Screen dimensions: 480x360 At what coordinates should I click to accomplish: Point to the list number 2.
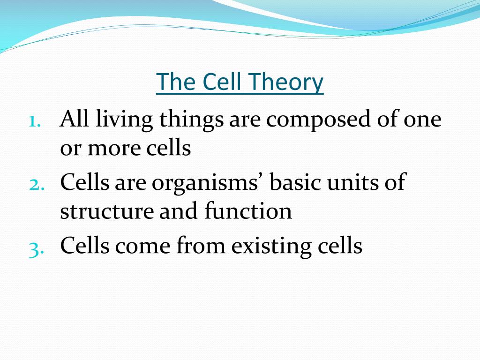click(x=37, y=185)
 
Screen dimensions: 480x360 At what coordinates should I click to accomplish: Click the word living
click(x=124, y=120)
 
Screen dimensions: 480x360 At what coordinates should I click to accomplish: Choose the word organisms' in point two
click(x=206, y=183)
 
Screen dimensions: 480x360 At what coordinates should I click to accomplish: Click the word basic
click(x=295, y=181)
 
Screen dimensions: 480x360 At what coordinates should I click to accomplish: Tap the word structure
click(x=107, y=212)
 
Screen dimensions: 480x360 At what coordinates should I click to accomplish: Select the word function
click(x=248, y=210)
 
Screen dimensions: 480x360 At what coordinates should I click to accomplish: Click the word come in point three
click(x=142, y=247)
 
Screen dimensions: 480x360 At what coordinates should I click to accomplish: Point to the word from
click(x=201, y=244)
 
